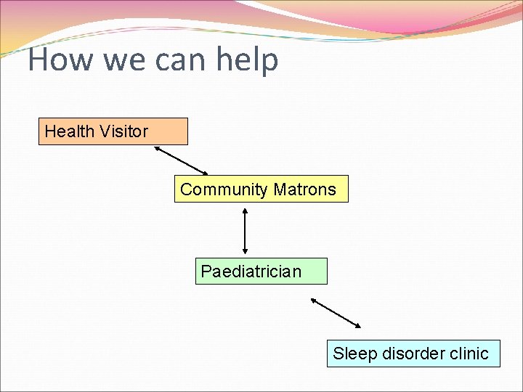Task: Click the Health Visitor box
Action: (x=113, y=131)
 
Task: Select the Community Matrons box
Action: (x=261, y=189)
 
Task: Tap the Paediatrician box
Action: (x=261, y=271)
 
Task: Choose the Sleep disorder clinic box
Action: (x=413, y=354)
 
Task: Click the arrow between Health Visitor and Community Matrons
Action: (x=181, y=160)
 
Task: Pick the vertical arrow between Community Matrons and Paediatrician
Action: (x=245, y=230)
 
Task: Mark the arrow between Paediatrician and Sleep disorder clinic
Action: (x=336, y=312)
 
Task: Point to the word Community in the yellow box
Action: (x=224, y=189)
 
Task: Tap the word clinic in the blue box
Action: (x=469, y=354)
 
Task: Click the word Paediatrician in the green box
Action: (x=251, y=271)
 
